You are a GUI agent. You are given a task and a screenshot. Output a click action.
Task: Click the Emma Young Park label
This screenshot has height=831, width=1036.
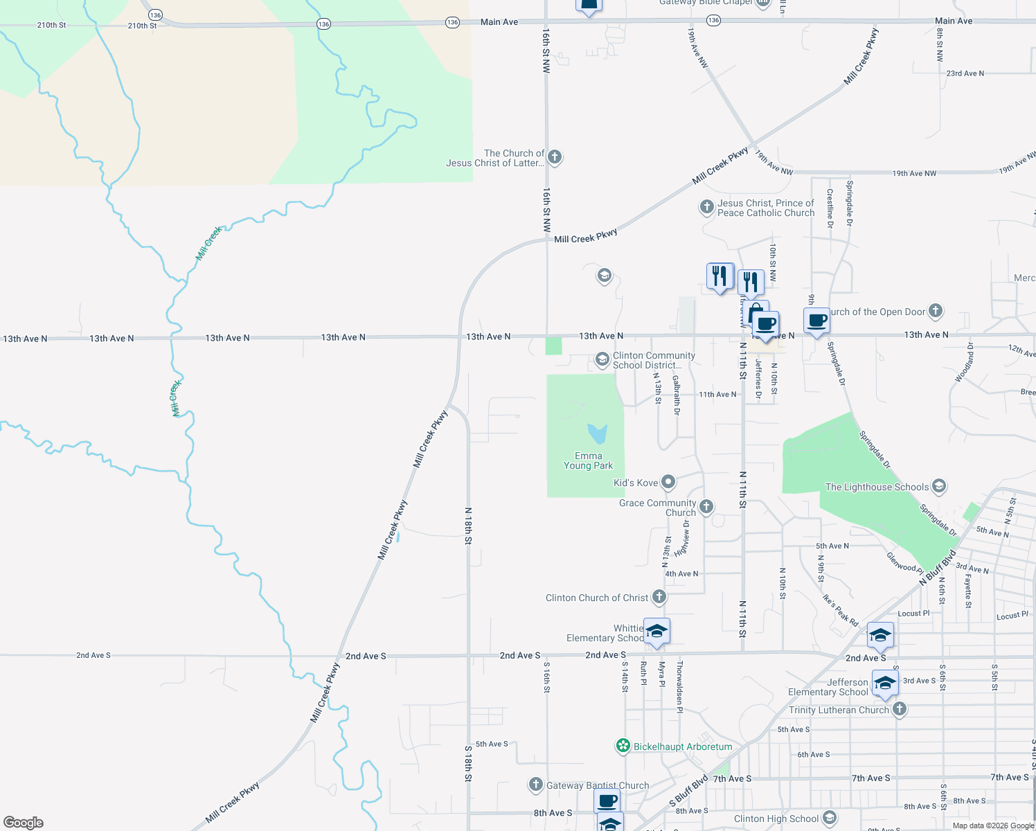[588, 461]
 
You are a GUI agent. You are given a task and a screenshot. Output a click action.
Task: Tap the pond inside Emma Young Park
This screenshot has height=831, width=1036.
[597, 434]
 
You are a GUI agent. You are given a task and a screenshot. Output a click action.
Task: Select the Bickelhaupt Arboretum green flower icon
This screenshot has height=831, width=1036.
[623, 746]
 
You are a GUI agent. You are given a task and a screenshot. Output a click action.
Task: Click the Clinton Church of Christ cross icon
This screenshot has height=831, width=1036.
[659, 596]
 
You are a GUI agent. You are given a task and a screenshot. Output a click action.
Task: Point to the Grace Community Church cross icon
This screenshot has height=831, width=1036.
[706, 506]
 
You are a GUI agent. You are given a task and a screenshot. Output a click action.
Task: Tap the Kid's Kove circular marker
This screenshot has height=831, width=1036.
[668, 481]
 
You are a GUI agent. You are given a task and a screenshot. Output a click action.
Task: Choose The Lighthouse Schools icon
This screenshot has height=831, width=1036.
[939, 486]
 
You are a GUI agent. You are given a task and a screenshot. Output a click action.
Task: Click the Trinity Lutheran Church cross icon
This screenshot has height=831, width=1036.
[900, 708]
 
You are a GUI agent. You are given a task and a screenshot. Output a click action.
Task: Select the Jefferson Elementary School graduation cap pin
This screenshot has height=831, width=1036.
[884, 683]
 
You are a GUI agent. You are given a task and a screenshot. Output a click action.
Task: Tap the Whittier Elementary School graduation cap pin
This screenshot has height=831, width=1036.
[657, 631]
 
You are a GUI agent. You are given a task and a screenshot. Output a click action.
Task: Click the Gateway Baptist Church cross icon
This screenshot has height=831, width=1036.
[535, 785]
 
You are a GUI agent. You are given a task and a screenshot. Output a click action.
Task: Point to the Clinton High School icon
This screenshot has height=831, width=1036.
[830, 818]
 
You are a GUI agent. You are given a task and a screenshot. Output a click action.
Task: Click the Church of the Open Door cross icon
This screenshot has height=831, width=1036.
[936, 310]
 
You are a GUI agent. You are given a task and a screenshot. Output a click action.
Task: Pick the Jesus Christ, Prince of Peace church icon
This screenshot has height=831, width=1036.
[706, 206]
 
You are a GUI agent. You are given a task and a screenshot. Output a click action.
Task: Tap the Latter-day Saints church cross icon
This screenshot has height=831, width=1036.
[555, 157]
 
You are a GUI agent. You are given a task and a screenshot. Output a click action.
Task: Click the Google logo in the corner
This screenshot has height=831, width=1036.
[24, 823]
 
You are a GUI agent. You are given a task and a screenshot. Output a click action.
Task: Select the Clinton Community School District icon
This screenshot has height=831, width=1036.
[602, 359]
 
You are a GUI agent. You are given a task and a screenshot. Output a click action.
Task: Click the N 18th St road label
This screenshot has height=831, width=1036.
[468, 526]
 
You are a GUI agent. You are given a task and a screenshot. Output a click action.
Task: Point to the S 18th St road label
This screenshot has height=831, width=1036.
[468, 764]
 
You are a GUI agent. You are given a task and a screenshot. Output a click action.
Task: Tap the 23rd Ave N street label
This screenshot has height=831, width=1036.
[965, 73]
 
